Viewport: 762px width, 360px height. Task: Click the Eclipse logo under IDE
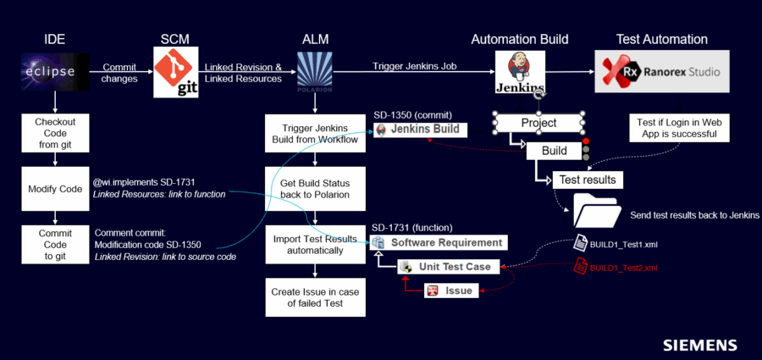coord(55,72)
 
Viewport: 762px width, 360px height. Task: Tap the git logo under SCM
coord(176,72)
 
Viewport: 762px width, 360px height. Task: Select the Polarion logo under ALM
coord(315,72)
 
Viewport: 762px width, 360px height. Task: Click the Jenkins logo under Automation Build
coord(520,73)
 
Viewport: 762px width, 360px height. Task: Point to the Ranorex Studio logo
coord(662,71)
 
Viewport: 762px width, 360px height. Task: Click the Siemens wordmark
coord(700,346)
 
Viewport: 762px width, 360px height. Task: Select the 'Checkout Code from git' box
coord(55,133)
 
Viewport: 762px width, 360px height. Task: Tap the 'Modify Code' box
coord(55,189)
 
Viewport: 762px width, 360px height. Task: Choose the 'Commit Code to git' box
coord(55,245)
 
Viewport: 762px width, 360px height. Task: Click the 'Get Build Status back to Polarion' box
coord(315,189)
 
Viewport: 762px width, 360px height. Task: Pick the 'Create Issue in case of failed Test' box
coord(315,297)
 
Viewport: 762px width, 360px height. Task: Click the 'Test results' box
coord(588,180)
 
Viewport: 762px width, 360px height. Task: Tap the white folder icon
coord(597,210)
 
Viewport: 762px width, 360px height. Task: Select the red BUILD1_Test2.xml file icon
coord(580,266)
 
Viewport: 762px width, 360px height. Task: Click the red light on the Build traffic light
coord(586,141)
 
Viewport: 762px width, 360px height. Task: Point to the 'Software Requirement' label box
coord(439,242)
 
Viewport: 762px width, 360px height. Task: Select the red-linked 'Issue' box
coord(451,291)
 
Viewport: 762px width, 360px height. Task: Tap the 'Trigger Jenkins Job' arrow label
coord(415,66)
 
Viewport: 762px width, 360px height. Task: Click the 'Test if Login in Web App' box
coord(679,128)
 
